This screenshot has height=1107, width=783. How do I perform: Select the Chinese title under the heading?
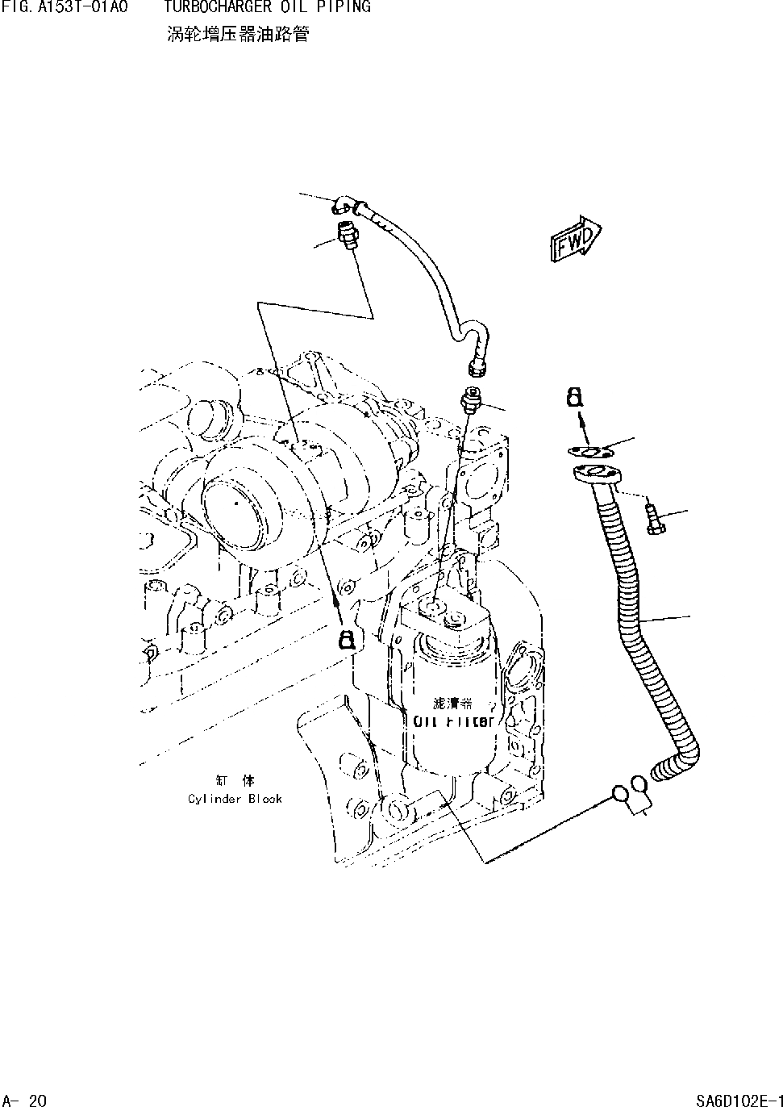(237, 35)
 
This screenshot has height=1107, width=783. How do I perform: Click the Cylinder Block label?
(235, 798)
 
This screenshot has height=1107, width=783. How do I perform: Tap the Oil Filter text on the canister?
(453, 721)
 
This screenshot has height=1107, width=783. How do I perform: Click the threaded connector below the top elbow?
(348, 235)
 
